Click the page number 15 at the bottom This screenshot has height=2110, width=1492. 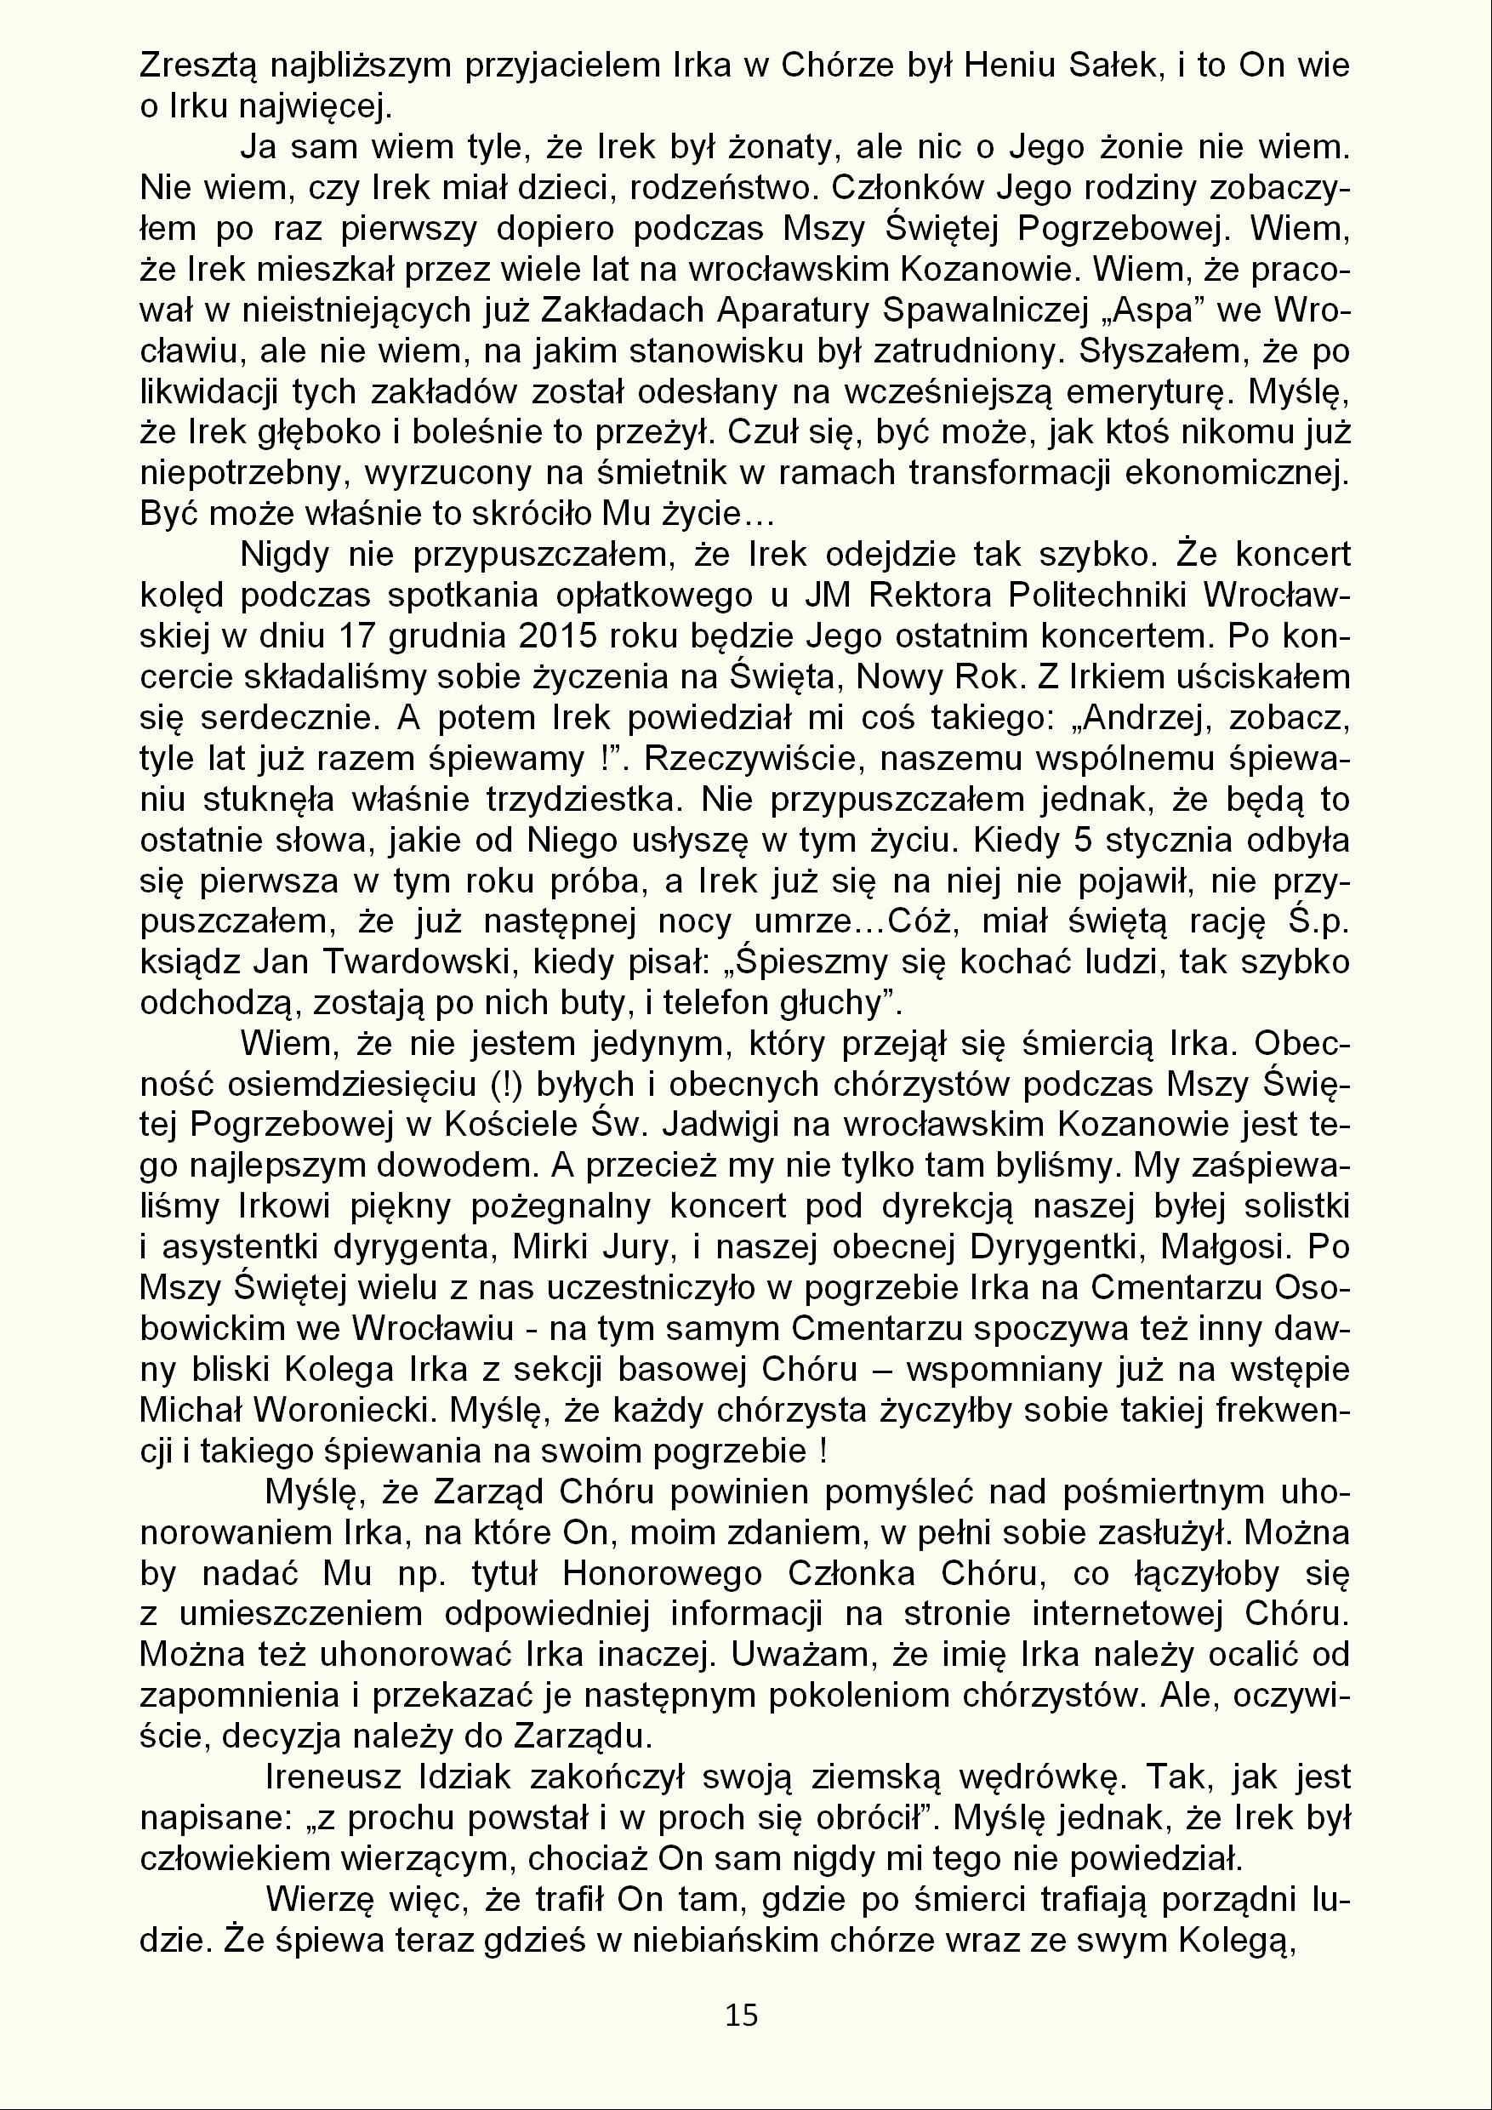(x=742, y=2015)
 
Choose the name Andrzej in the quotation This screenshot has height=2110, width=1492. (x=1148, y=718)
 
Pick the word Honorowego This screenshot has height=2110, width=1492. (x=663, y=1573)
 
